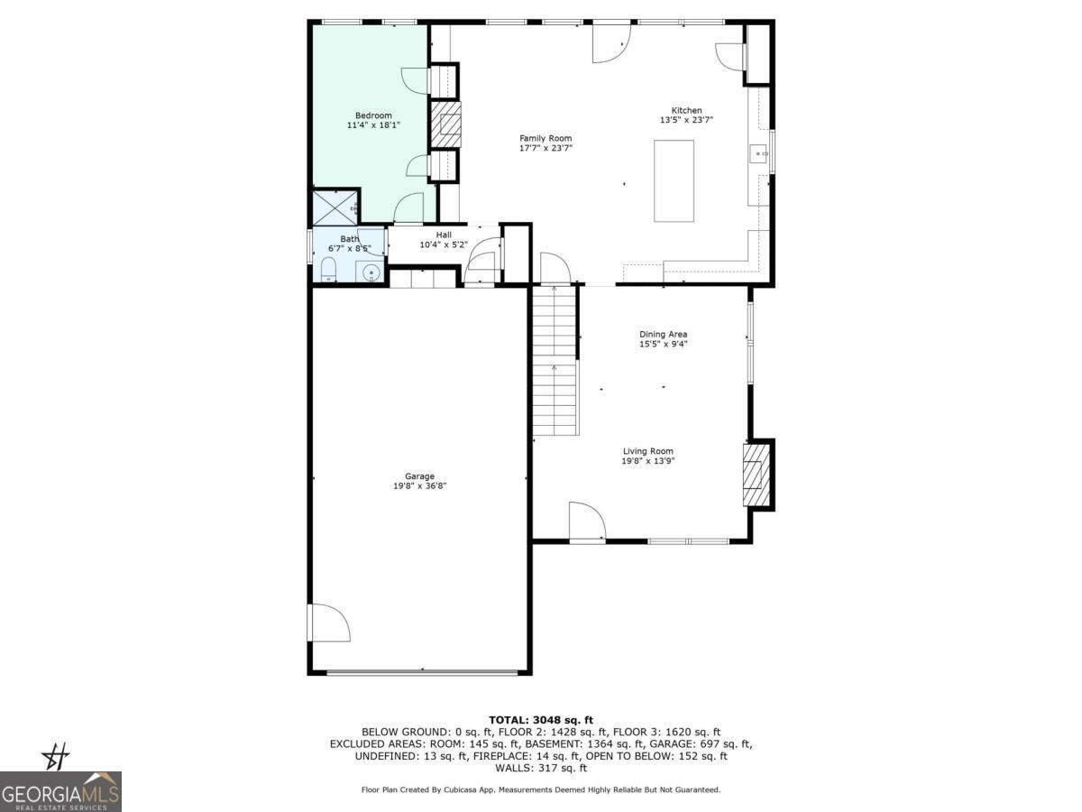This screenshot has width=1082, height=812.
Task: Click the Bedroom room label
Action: (x=373, y=115)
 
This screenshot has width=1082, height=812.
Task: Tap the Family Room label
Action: (x=546, y=138)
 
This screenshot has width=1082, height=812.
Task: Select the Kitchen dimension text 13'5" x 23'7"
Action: (x=692, y=120)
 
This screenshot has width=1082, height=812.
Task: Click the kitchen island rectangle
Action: (x=674, y=180)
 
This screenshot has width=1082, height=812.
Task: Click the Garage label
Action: (x=419, y=476)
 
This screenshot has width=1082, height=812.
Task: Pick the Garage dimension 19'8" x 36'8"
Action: (x=419, y=486)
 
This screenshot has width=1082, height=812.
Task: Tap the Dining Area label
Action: (x=664, y=334)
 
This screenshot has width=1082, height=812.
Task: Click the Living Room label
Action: (x=647, y=451)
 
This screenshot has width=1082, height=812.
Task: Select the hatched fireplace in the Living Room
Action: (x=756, y=475)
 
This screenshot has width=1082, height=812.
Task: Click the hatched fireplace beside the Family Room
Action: (x=445, y=124)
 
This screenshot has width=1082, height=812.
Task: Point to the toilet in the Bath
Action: (x=328, y=269)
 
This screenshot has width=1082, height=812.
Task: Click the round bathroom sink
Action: (x=371, y=271)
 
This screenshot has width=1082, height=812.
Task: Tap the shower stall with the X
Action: (x=335, y=208)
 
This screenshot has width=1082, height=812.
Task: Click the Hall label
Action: (x=444, y=235)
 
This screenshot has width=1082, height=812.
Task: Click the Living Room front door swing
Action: (x=587, y=522)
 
